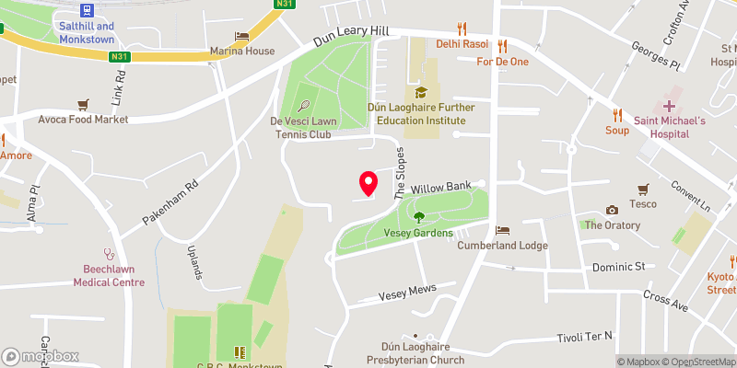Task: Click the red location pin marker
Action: pos(368,183)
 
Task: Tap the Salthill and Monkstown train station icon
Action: pos(87,11)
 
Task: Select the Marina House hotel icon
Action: pos(242,36)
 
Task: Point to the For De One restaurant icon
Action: pos(502,45)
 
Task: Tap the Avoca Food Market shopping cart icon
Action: pos(83,104)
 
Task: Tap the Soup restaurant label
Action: pos(617,130)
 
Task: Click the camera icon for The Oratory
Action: pos(612,211)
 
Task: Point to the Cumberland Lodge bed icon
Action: pos(502,230)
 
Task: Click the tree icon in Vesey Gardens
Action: pos(419,217)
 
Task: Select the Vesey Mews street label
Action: pos(406,294)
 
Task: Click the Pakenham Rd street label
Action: pos(171,203)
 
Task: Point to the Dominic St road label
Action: pos(616,267)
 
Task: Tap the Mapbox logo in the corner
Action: pos(41,356)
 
